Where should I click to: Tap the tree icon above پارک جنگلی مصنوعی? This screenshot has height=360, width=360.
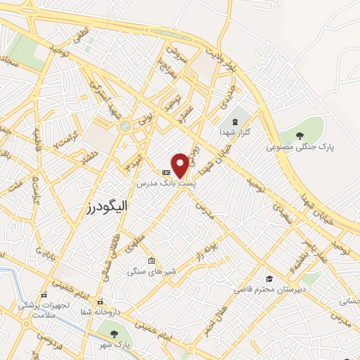300,136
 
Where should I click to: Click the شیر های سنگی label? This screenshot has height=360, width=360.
151,271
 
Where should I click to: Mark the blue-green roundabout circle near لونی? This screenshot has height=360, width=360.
125,127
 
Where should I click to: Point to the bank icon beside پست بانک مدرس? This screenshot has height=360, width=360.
166,172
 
